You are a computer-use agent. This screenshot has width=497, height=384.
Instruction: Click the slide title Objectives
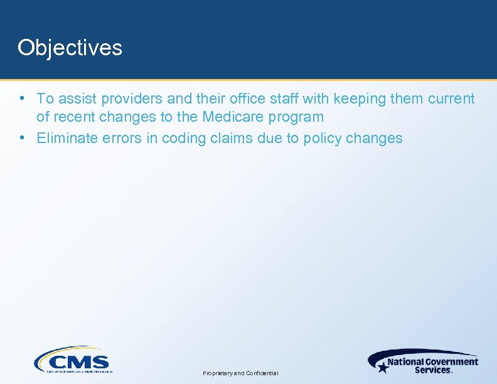tap(70, 48)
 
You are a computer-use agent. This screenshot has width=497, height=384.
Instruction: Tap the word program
tap(299, 117)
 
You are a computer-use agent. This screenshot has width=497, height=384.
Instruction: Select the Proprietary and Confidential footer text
tap(240, 373)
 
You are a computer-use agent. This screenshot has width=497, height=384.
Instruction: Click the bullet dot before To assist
tap(22, 99)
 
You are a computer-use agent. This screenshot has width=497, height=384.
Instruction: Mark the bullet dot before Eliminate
tap(22, 138)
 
